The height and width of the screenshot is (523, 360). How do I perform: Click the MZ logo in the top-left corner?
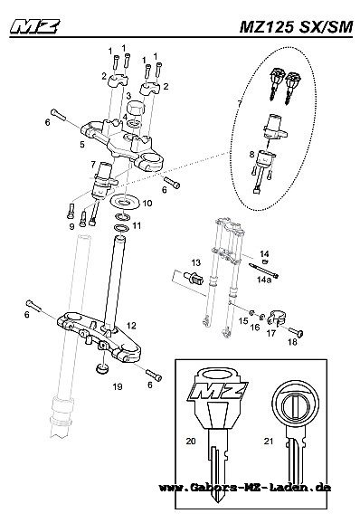pyautogui.click(x=35, y=26)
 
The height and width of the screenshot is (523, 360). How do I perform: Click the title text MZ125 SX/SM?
pyautogui.click(x=296, y=27)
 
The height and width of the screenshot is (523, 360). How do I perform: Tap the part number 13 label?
pyautogui.click(x=196, y=262)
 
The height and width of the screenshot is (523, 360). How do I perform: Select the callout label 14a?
pyautogui.click(x=264, y=280)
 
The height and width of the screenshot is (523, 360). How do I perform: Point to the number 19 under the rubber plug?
pyautogui.click(x=118, y=386)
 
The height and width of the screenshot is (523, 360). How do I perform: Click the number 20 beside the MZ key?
pyautogui.click(x=191, y=441)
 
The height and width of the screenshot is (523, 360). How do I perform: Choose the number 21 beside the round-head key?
pyautogui.click(x=269, y=441)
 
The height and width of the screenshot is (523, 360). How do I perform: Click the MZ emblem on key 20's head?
pyautogui.click(x=218, y=391)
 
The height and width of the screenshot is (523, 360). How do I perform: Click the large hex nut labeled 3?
pyautogui.click(x=135, y=108)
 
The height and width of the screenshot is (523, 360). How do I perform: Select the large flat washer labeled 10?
pyautogui.click(x=125, y=202)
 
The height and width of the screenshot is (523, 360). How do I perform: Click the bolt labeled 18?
pyautogui.click(x=296, y=331)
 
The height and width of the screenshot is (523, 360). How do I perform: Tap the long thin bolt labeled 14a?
pyautogui.click(x=263, y=271)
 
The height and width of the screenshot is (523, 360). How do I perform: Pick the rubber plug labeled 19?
pyautogui.click(x=101, y=369)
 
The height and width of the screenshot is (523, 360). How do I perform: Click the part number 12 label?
pyautogui.click(x=131, y=326)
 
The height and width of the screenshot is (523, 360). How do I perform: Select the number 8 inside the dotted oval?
pyautogui.click(x=251, y=154)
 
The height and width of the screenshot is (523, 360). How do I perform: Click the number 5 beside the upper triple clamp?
pyautogui.click(x=82, y=145)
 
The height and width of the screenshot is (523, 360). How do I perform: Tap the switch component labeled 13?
pyautogui.click(x=193, y=278)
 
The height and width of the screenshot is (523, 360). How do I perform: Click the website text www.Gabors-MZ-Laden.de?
pyautogui.click(x=245, y=488)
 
